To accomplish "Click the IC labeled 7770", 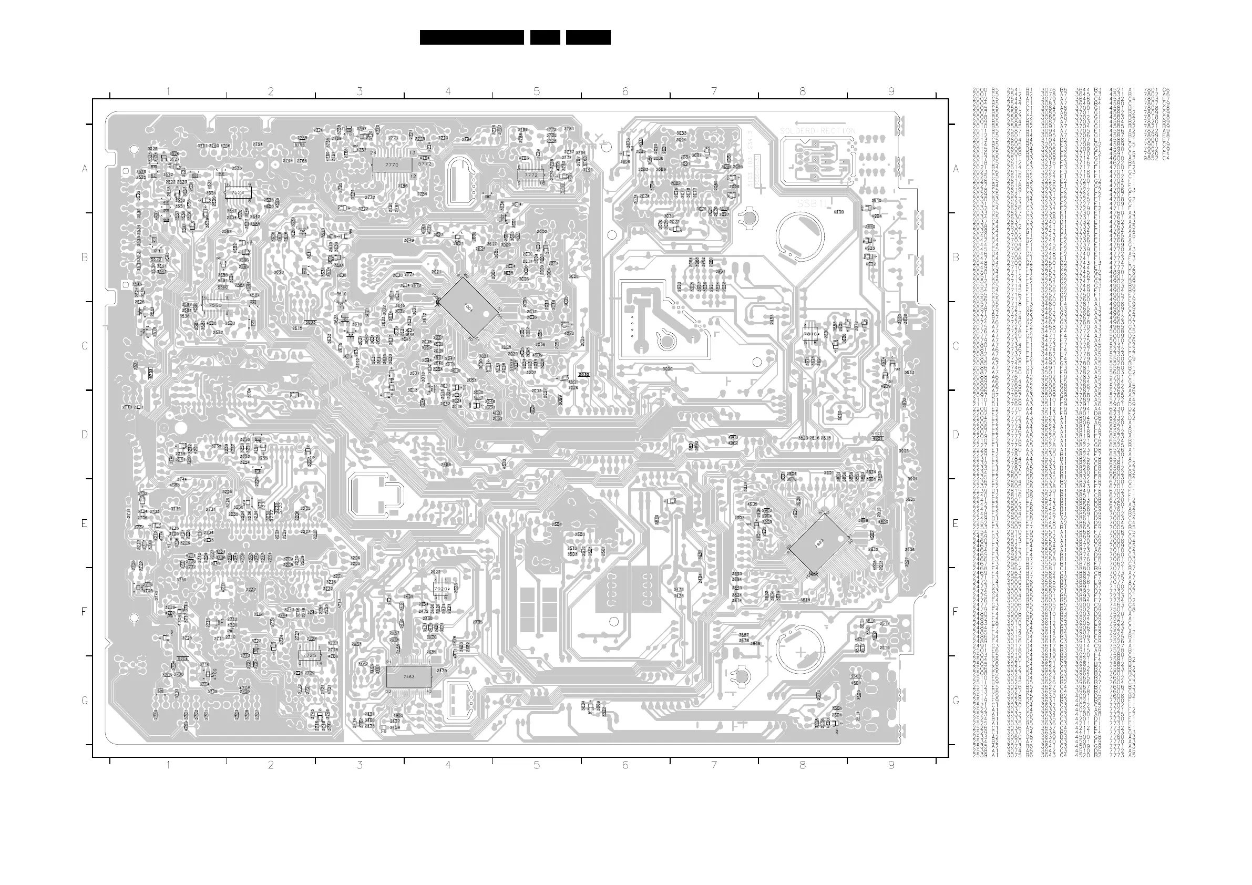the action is (x=392, y=164).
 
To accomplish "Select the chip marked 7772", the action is (x=530, y=176).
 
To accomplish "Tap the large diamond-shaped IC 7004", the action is (x=468, y=308).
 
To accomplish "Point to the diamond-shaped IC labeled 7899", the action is (x=819, y=543).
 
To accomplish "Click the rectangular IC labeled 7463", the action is (x=408, y=677).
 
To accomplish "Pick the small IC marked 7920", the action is (x=440, y=590).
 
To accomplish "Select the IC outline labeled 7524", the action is (x=238, y=192).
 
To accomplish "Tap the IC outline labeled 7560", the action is (x=215, y=305).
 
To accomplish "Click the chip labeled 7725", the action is (x=310, y=655).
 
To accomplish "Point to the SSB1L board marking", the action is (x=812, y=203).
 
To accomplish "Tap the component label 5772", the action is (x=425, y=163).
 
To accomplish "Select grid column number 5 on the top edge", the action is (x=537, y=91).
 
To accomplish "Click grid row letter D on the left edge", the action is (x=85, y=435).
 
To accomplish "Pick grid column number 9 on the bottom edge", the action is (x=891, y=765).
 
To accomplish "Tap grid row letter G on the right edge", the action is (x=956, y=701).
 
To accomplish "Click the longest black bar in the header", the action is (x=471, y=37).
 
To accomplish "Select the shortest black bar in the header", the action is (x=545, y=37).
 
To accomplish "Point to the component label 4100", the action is (x=839, y=212).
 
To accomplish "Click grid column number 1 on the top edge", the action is (x=168, y=91).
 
